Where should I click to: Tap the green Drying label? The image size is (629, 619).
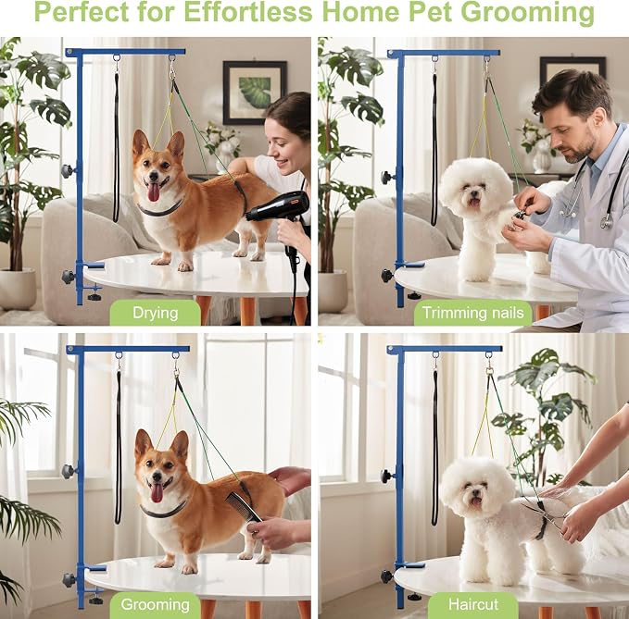tap(156, 313)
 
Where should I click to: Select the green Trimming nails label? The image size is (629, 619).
tap(473, 313)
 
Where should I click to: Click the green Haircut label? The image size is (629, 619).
tap(473, 604)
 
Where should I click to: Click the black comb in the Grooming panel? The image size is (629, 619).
tap(244, 508)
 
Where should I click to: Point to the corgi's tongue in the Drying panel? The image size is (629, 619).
tap(153, 192)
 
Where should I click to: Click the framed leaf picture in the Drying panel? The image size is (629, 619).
tap(255, 93)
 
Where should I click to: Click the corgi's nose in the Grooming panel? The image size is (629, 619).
tap(156, 477)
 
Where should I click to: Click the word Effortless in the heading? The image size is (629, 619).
tap(247, 12)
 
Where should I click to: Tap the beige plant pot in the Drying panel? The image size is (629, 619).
tap(18, 290)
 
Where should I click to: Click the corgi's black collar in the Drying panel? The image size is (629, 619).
tap(159, 209)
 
